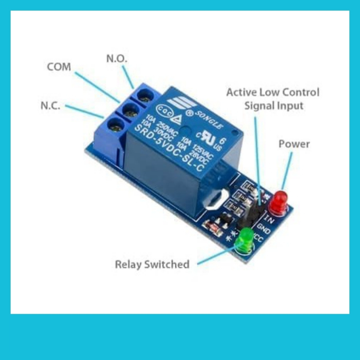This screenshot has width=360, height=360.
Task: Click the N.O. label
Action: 116,59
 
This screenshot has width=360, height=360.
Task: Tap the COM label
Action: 59,67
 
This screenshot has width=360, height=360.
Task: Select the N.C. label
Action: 50,106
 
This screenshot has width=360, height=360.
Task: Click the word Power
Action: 294,144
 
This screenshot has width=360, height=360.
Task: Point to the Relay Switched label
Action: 152,265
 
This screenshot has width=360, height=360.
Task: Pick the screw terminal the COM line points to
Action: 130,112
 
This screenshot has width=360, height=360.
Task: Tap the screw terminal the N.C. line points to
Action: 114,125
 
